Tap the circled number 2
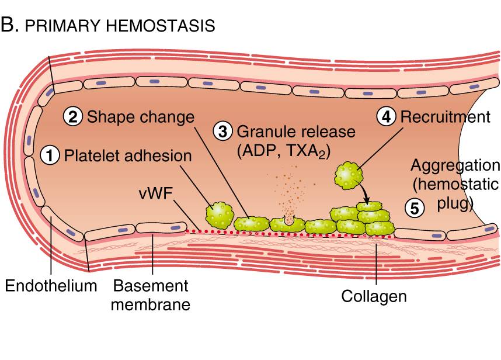point(74,117)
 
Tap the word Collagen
point(374,296)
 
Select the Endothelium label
point(51,286)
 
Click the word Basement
point(151,286)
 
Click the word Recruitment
point(445,117)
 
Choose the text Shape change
point(140,117)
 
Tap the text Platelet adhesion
point(128,156)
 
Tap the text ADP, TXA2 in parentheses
point(284,151)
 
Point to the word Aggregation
point(455,165)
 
